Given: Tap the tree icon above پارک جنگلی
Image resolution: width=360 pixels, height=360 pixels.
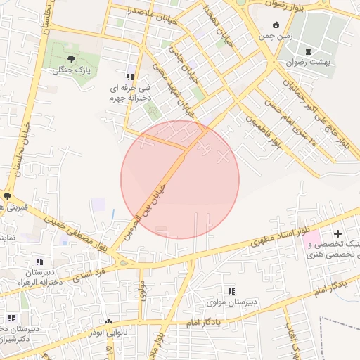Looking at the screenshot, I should [x=71, y=58].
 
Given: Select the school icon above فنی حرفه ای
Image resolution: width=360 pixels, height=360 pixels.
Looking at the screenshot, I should [x=129, y=77].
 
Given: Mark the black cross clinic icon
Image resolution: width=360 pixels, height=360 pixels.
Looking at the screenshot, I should [x=337, y=233].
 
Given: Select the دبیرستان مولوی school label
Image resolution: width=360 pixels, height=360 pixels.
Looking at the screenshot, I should [x=233, y=302].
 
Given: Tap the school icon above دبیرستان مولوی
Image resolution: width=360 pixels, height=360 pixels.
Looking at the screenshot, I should [x=231, y=290].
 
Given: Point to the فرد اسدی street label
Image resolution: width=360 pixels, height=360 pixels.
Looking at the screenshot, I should [x=94, y=270].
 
